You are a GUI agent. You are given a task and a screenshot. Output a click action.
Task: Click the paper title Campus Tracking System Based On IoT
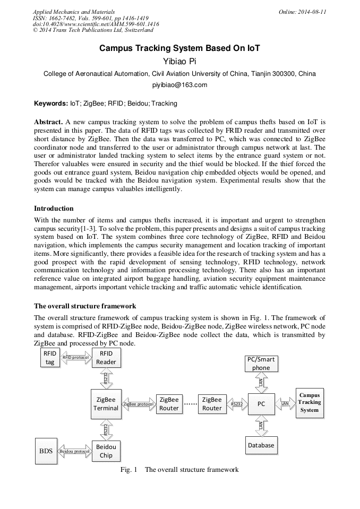(x=179, y=48)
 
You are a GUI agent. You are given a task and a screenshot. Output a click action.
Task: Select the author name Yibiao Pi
(x=179, y=61)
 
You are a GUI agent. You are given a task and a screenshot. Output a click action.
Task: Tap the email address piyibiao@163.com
(x=179, y=85)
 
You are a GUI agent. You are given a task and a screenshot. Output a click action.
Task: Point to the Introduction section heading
(x=54, y=208)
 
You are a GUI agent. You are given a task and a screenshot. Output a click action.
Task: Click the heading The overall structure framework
(x=85, y=306)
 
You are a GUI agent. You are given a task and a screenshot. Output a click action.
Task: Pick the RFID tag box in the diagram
(x=49, y=358)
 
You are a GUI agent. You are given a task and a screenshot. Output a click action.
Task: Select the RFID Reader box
(x=106, y=358)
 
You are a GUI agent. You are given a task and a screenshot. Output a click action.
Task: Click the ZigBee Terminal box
(x=106, y=404)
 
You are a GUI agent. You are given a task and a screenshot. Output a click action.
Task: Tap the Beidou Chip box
(x=106, y=451)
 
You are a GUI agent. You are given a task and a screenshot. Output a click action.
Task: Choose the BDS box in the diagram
(x=46, y=451)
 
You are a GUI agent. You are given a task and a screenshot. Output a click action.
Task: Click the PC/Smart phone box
(x=261, y=364)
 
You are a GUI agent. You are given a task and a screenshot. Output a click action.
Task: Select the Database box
(x=261, y=445)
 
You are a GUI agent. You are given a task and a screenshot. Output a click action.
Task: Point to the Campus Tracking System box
(x=309, y=403)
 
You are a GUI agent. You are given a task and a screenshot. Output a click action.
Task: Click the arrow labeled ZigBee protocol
(x=138, y=404)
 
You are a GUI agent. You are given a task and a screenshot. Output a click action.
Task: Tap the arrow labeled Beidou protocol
(x=74, y=451)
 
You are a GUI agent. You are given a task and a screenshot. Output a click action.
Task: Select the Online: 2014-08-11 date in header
(x=302, y=12)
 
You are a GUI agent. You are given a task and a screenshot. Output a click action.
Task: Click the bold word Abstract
(x=48, y=122)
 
